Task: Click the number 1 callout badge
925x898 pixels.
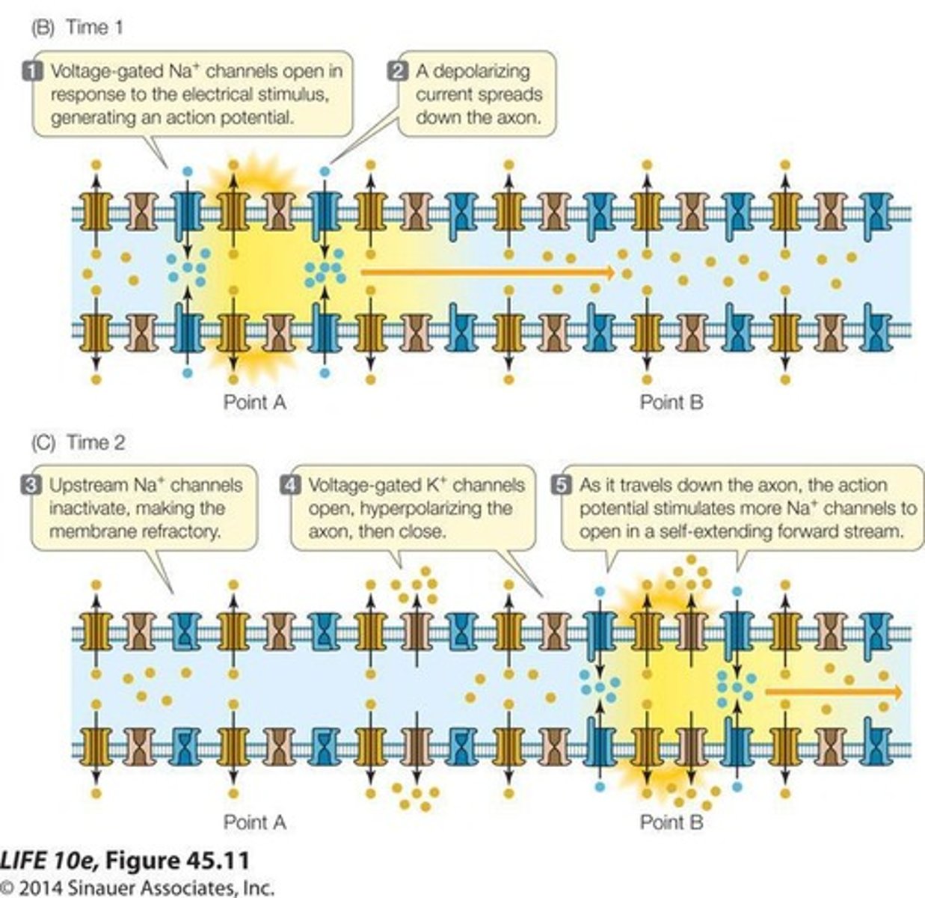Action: click(34, 71)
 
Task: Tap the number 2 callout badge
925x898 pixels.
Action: click(397, 71)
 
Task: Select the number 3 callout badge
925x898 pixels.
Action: click(34, 485)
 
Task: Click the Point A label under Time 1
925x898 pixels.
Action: click(254, 403)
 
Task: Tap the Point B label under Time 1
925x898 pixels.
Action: click(671, 403)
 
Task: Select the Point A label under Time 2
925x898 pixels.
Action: click(254, 822)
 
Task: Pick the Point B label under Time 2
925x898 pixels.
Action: click(671, 822)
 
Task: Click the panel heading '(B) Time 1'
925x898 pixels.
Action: click(77, 28)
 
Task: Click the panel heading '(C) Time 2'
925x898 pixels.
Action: click(77, 442)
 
